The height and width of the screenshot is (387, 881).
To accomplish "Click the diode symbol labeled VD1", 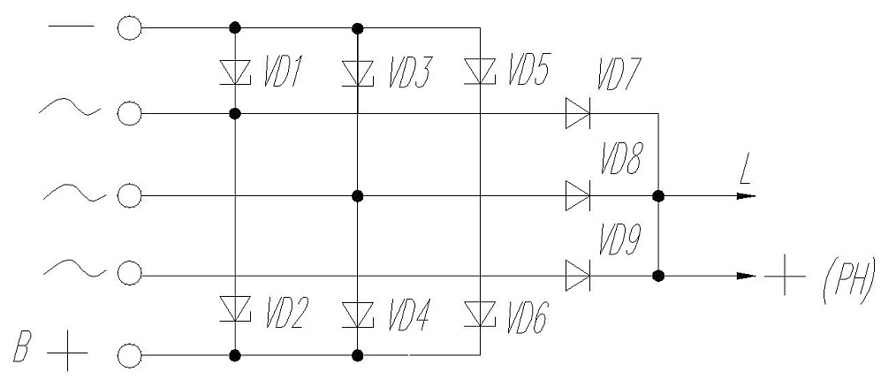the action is [x=235, y=73].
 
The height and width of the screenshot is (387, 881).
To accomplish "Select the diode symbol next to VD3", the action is [x=357, y=73].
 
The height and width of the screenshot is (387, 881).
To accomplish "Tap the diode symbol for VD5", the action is [x=480, y=72].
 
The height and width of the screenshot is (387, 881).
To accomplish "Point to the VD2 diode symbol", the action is [x=235, y=309].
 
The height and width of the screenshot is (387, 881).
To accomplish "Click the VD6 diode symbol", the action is [x=480, y=314].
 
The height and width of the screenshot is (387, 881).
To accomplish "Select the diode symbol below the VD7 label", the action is [x=578, y=113].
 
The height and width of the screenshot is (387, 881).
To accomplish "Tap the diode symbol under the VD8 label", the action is [x=578, y=196].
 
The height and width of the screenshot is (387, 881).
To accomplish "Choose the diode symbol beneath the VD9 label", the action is [x=578, y=276].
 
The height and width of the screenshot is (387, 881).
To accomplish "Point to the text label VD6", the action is [x=526, y=317].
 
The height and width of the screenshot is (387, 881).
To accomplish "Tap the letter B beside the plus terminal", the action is [x=22, y=348].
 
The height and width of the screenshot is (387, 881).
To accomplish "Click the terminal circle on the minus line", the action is [x=129, y=27].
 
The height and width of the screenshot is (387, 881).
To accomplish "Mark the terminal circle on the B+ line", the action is [x=129, y=355].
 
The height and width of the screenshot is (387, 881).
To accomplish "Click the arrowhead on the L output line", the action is [x=746, y=196].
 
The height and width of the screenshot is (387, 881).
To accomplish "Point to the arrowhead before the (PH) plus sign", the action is [x=746, y=276].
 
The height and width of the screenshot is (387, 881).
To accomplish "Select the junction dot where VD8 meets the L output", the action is [x=658, y=196].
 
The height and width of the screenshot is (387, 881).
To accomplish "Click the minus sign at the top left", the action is [x=71, y=26].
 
